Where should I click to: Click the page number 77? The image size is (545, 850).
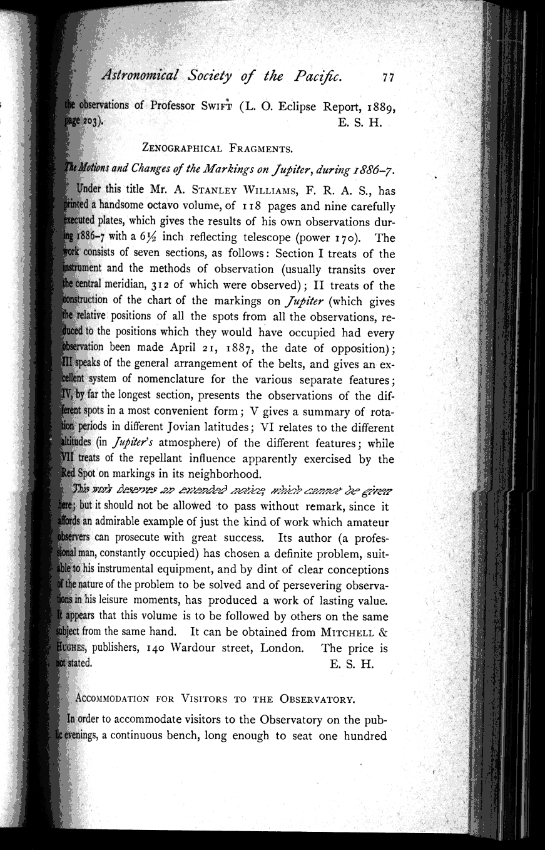pos(389,78)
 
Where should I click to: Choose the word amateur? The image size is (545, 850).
pos(367,522)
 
